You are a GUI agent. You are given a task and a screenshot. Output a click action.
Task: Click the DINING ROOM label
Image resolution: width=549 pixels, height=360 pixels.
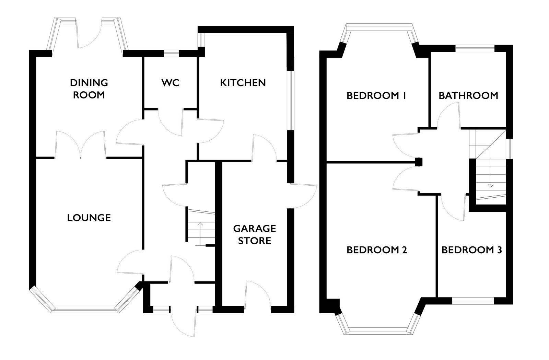[89, 89]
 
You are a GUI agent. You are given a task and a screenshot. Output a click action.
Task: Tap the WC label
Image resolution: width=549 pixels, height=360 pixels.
[170, 83]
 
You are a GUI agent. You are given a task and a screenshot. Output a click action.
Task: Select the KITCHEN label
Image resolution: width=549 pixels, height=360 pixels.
[243, 83]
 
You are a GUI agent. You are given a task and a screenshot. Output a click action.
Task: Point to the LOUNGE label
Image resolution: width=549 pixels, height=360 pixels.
[89, 218]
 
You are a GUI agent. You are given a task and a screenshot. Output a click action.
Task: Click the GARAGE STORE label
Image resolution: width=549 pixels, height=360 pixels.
[255, 234]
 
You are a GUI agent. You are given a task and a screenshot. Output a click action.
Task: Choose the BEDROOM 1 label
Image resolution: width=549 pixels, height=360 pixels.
[376, 95]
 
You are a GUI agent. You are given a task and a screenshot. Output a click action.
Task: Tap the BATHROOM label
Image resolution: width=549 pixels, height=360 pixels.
[468, 95]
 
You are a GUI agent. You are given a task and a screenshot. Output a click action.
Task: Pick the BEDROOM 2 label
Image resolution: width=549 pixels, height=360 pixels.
[377, 250]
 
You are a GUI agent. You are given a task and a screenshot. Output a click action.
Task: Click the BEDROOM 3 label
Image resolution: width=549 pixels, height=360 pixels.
[472, 250]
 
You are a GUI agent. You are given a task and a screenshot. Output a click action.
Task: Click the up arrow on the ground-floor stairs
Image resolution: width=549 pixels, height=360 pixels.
[200, 234]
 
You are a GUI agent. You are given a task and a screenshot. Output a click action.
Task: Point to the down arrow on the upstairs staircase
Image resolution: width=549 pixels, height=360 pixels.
[491, 176]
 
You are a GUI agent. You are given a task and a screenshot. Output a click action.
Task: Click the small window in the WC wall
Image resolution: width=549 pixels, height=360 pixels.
[172, 54]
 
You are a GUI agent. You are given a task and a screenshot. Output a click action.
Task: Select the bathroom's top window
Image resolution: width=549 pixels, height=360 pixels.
[475, 48]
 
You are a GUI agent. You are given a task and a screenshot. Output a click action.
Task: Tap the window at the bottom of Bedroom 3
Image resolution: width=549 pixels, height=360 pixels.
[473, 301]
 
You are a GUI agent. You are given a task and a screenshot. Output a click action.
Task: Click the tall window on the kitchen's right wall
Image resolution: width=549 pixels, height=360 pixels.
[290, 101]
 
